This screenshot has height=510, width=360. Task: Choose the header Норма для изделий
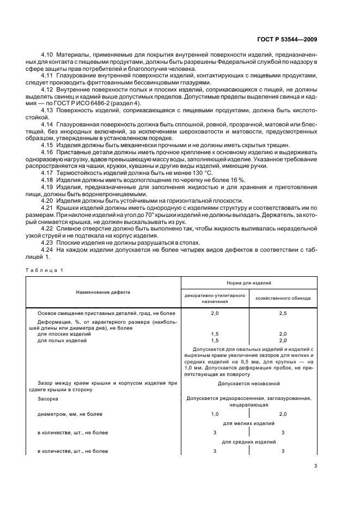[249, 283]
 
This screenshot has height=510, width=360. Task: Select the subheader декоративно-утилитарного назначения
[215, 299]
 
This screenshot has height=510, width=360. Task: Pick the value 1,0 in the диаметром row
[215, 415]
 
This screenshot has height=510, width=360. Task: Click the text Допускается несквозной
[249, 384]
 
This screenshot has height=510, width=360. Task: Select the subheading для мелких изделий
[249, 423]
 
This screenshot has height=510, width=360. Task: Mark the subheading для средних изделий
[249, 442]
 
